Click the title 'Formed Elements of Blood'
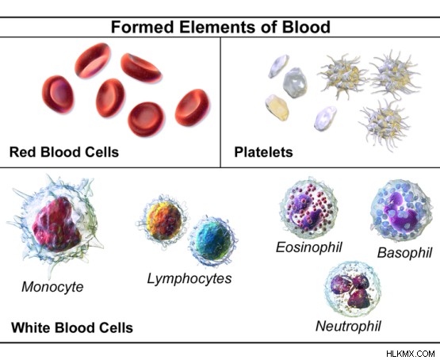[220, 27]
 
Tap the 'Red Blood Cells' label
[64, 152]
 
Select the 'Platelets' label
[263, 152]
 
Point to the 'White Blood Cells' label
[72, 327]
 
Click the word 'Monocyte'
[52, 287]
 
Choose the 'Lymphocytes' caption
[189, 278]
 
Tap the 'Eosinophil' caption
[309, 247]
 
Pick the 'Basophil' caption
[404, 252]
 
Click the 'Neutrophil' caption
[348, 326]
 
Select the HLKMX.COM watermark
[411, 354]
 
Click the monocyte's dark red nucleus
[56, 224]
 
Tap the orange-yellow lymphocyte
[163, 220]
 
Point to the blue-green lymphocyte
[213, 240]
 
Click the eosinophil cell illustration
[308, 208]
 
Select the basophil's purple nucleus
[400, 209]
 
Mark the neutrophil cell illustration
[352, 289]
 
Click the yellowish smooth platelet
[277, 107]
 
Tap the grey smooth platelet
[295, 82]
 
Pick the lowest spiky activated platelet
[385, 124]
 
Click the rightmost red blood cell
[192, 107]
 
